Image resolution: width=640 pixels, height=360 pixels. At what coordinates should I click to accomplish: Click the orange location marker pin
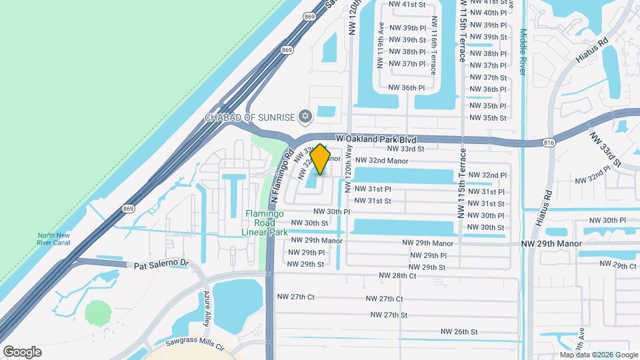321,159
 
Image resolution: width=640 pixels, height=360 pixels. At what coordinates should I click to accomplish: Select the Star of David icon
306,117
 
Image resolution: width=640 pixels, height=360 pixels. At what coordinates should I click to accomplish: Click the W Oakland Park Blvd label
376,139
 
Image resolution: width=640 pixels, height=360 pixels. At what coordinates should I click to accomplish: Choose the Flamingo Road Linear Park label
265,223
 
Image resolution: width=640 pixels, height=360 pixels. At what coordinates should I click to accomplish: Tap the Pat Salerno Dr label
161,264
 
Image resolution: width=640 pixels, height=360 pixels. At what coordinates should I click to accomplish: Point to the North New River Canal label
54,239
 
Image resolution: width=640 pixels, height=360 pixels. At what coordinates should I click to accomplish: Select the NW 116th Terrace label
433,46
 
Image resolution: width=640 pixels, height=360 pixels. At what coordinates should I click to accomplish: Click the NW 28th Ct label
397,275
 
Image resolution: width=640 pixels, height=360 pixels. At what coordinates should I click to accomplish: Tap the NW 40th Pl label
488,13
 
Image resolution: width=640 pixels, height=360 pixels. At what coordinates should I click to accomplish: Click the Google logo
22,351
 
